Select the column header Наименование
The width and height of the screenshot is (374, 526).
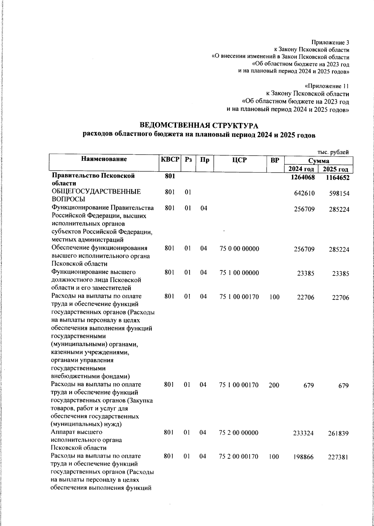click(x=104, y=159)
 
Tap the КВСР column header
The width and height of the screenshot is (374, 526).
click(x=170, y=159)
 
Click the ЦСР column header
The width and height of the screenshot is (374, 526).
click(x=239, y=160)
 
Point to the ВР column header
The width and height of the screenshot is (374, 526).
click(x=275, y=160)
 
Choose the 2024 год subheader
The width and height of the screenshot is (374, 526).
click(x=301, y=169)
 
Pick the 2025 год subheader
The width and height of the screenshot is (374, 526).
click(x=335, y=169)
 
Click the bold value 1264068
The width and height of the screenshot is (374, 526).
click(x=301, y=177)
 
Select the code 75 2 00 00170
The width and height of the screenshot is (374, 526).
click(x=239, y=457)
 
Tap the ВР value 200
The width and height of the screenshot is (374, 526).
click(x=274, y=385)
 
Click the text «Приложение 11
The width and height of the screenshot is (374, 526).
click(x=327, y=86)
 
